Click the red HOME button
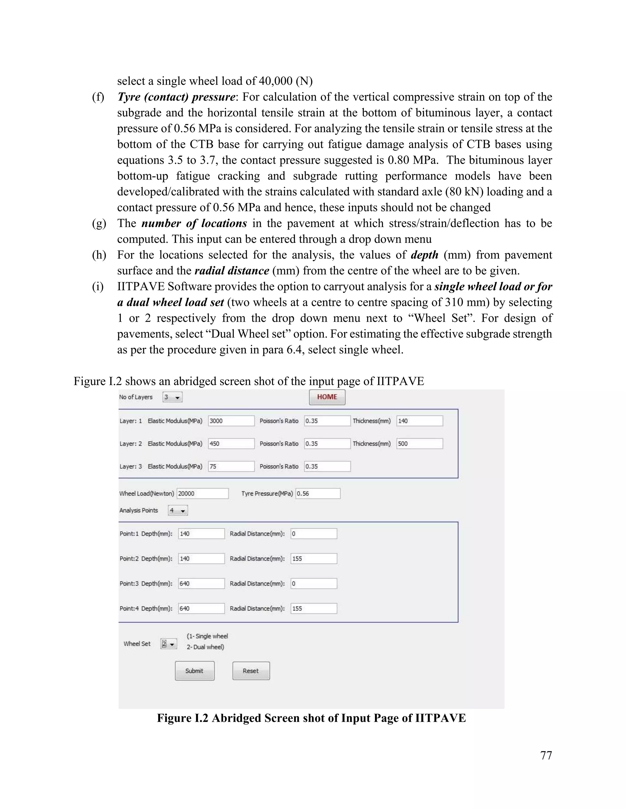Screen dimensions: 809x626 pyautogui.click(x=327, y=397)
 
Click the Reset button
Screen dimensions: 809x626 pyautogui.click(x=251, y=671)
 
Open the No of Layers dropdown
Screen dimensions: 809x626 pyautogui.click(x=172, y=397)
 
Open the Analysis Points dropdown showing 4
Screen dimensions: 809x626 pyautogui.click(x=178, y=510)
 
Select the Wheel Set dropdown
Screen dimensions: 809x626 pyautogui.click(x=169, y=644)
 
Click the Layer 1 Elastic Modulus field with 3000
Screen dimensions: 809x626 pyautogui.click(x=231, y=421)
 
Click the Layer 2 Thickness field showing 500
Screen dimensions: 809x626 pyautogui.click(x=419, y=444)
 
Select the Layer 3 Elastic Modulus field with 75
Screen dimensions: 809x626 pyautogui.click(x=231, y=466)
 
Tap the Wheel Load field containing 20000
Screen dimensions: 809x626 pyautogui.click(x=202, y=493)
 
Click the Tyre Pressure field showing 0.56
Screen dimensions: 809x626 pyautogui.click(x=318, y=493)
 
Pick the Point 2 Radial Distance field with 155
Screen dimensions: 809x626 pyautogui.click(x=314, y=559)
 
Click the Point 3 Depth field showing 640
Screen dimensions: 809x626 pyautogui.click(x=201, y=583)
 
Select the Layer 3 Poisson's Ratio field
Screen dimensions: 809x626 pyautogui.click(x=327, y=466)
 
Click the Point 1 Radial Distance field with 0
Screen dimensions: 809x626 pyautogui.click(x=314, y=534)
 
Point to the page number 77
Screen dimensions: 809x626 pyautogui.click(x=546, y=755)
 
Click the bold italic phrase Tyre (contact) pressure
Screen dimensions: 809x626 pyautogui.click(x=176, y=97)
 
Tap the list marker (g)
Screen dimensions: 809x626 pyautogui.click(x=99, y=223)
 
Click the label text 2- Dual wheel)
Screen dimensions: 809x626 pyautogui.click(x=205, y=647)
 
